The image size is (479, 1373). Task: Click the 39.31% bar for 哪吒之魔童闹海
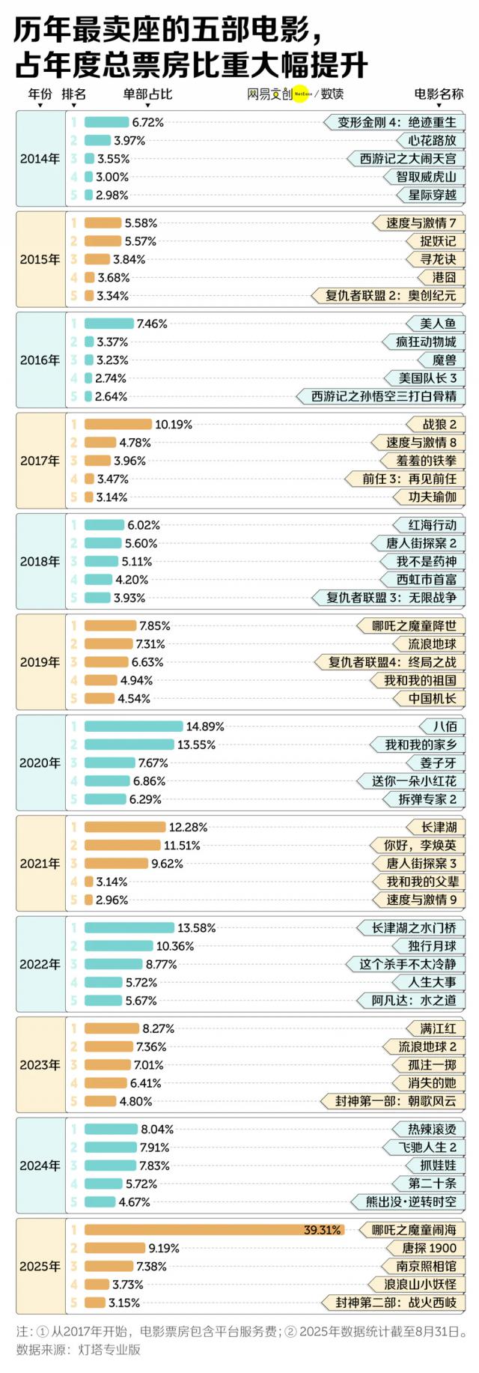coord(214,1230)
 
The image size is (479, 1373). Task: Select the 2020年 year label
coord(40,763)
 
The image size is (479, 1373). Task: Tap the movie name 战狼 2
coord(439,425)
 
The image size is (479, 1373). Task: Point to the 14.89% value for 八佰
coord(205,727)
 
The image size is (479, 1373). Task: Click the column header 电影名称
coord(439,94)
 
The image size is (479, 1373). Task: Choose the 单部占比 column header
coord(147,94)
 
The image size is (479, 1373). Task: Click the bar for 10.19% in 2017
coord(118,425)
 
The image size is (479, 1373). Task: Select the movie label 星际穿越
coord(432,195)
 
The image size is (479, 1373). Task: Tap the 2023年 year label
coord(40,1064)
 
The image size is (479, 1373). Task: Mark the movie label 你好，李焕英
coord(420,845)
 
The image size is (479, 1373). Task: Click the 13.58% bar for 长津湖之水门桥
coord(129,928)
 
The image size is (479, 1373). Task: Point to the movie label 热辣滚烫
coord(432,1129)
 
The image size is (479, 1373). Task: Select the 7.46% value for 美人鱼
coord(152,324)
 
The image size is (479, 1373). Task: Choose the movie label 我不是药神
coord(426,561)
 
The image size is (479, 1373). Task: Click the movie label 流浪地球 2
coord(427,1046)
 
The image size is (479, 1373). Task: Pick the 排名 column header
coord(73,94)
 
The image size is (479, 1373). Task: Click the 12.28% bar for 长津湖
coord(125,827)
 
